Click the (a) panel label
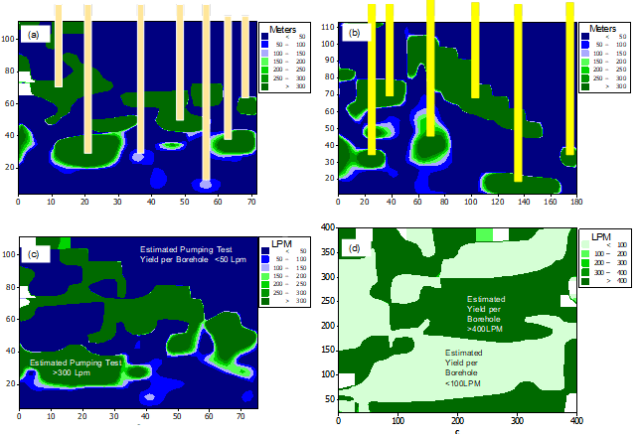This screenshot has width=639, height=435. (x=35, y=35)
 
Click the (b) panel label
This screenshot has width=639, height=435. (x=353, y=33)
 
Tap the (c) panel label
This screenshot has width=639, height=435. (x=33, y=255)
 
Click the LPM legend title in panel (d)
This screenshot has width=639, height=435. (x=599, y=238)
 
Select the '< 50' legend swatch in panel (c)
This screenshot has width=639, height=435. (x=267, y=250)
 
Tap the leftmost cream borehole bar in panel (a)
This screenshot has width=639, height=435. (x=59, y=45)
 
